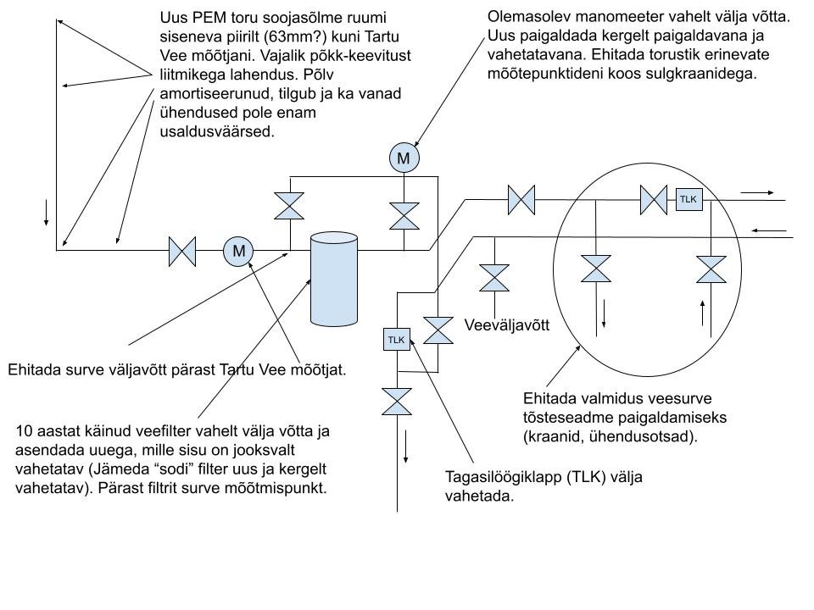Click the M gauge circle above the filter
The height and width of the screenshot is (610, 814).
point(404,158)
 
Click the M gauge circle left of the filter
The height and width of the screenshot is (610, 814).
point(239,251)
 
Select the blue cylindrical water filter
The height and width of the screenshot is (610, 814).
point(333,279)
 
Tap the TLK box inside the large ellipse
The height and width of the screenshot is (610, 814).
point(688,200)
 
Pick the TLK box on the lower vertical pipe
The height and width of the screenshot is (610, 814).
point(397,340)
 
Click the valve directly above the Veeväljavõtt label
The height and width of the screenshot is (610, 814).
point(493,277)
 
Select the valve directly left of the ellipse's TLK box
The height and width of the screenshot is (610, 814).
point(654,200)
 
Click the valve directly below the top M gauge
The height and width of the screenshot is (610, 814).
point(404,215)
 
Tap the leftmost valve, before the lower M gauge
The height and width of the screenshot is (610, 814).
point(182,251)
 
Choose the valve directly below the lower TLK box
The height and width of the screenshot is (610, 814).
point(396,401)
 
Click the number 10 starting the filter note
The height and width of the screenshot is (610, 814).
point(24,431)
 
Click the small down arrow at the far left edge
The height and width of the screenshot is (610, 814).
point(45,213)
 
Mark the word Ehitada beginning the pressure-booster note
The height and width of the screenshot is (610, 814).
point(552,397)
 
